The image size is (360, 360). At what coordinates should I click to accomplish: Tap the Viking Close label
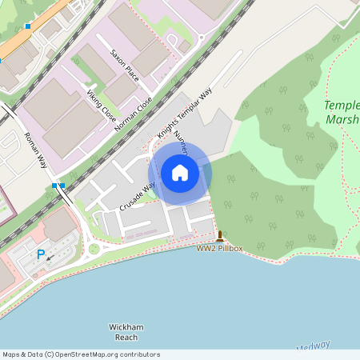[x=102, y=105]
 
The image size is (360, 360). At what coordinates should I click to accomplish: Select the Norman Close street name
[x=132, y=114]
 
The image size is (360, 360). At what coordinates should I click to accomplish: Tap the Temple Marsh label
[x=342, y=113]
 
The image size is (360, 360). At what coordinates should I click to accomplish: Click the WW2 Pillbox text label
[x=219, y=249]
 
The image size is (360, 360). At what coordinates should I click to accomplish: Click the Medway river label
[x=313, y=346]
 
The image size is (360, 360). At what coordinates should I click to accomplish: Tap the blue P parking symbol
[x=41, y=254]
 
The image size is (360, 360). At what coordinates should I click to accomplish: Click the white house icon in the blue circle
[x=180, y=172]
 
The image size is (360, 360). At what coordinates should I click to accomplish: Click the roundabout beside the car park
[x=94, y=249]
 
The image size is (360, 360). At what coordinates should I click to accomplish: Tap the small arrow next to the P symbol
[x=50, y=258]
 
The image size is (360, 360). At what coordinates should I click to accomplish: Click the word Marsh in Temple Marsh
[x=342, y=120]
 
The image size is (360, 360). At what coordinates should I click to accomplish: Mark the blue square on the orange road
[x=28, y=26]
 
